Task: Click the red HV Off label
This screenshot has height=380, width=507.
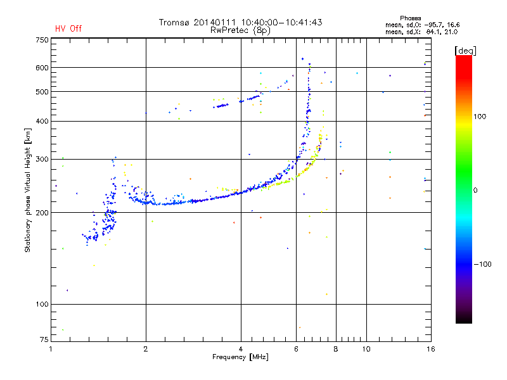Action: click(x=68, y=28)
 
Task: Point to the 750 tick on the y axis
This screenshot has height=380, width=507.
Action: click(x=41, y=40)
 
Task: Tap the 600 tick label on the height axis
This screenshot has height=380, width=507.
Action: click(x=41, y=68)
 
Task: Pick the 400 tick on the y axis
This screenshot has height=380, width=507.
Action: click(x=41, y=121)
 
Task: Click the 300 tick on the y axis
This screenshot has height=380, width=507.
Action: click(x=41, y=159)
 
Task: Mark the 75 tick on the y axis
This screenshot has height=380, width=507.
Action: click(x=43, y=341)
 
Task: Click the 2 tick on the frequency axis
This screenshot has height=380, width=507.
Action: click(x=146, y=349)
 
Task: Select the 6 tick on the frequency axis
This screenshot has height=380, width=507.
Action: click(x=297, y=349)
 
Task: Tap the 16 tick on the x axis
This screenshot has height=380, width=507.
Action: click(x=430, y=349)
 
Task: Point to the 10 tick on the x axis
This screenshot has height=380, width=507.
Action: click(x=366, y=349)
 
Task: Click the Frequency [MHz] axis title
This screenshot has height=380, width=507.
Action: click(x=240, y=358)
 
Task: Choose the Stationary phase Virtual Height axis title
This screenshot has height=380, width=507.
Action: click(x=28, y=190)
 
